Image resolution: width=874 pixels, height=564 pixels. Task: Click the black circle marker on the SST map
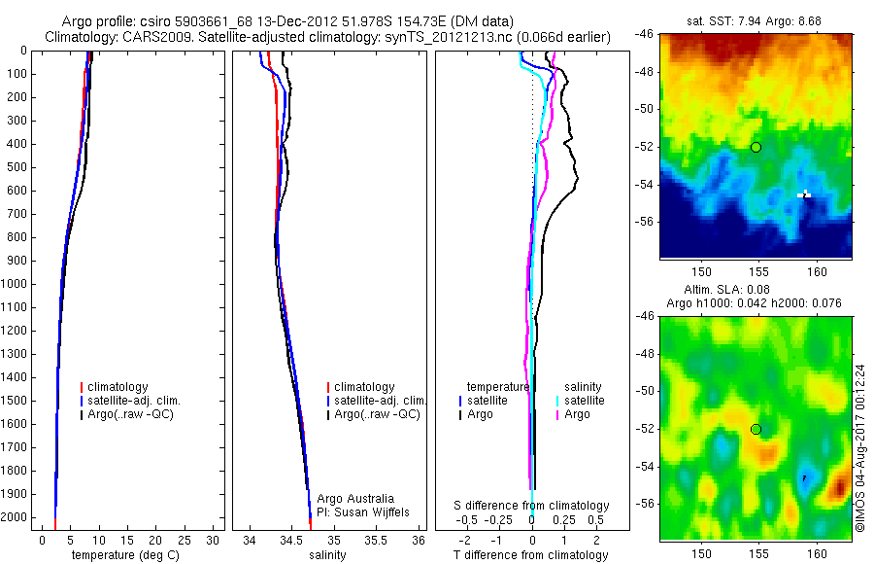tap(756, 147)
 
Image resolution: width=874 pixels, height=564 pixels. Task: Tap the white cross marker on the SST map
tap(805, 194)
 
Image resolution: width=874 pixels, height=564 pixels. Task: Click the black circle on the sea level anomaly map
tap(756, 429)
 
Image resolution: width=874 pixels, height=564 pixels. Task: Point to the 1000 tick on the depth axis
tap(17, 284)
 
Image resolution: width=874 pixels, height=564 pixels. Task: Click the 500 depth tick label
tap(17, 167)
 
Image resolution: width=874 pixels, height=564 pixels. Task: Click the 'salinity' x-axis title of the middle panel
tap(328, 555)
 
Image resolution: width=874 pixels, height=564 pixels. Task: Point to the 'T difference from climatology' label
tap(531, 555)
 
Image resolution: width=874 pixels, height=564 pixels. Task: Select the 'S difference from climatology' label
tap(531, 506)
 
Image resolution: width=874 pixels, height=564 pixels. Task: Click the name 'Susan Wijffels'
tap(367, 511)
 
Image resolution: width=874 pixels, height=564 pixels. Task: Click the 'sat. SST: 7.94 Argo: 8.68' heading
tap(756, 19)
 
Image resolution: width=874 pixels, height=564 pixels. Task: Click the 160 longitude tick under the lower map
tap(817, 554)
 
